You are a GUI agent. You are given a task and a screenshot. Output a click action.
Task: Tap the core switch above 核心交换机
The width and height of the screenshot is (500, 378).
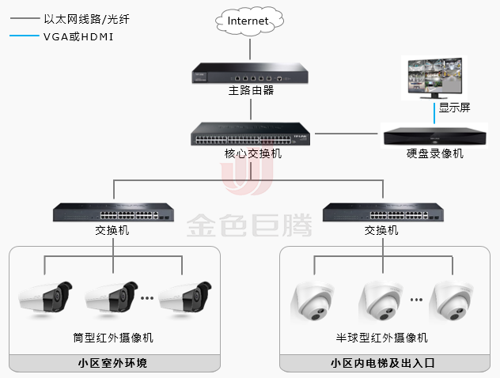250,134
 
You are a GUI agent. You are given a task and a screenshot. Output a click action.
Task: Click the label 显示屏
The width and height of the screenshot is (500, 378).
455,108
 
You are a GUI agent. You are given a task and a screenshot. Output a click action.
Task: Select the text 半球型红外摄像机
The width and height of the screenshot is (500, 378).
381,338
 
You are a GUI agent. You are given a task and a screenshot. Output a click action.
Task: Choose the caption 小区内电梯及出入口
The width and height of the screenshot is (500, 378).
381,364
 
